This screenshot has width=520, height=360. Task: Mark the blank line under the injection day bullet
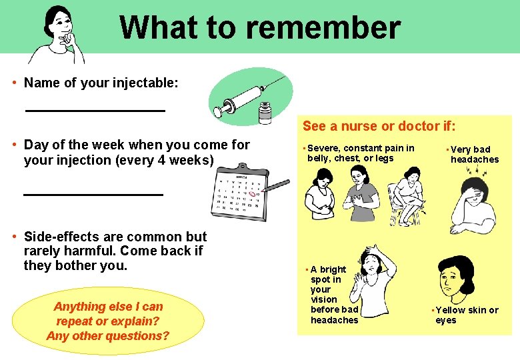(x=93, y=194)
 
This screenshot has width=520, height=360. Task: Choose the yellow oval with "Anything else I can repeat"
(x=108, y=321)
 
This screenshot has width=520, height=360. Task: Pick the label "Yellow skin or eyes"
(x=466, y=315)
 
